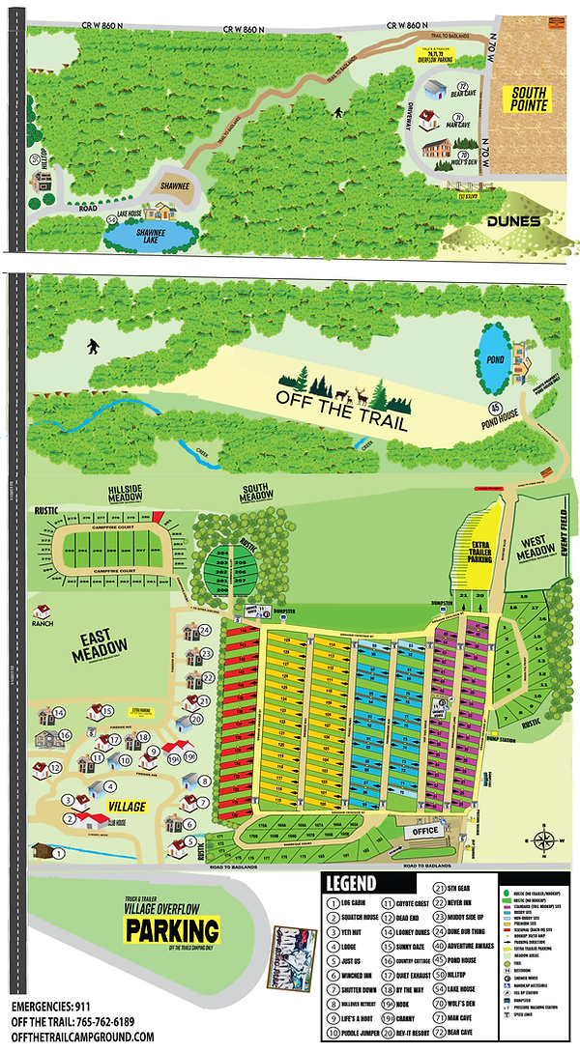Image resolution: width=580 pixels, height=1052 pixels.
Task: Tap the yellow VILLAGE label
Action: [128, 806]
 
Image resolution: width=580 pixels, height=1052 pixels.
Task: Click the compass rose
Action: [547, 839]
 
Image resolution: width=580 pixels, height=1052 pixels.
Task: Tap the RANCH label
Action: [41, 624]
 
